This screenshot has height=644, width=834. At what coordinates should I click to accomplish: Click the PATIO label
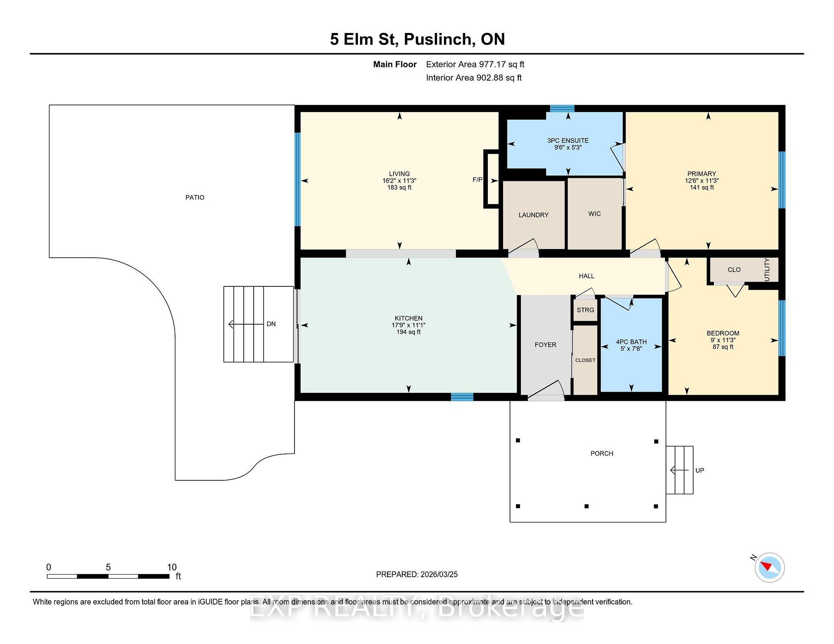(x=195, y=197)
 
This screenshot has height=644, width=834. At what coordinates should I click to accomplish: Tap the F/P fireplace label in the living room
(x=477, y=180)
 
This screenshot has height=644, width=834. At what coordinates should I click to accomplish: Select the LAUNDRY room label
(x=533, y=215)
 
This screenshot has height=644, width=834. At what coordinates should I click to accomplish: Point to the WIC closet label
(x=595, y=214)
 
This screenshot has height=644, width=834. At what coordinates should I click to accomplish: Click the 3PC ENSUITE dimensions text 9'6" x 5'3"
(x=568, y=148)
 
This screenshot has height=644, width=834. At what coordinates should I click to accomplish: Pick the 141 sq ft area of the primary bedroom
(x=702, y=187)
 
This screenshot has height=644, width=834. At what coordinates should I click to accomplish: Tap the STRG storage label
(x=586, y=310)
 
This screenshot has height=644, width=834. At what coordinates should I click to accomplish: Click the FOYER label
(x=546, y=345)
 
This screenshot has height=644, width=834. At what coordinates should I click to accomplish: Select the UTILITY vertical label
(x=767, y=269)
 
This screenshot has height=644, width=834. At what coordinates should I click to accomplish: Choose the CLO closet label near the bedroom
(x=734, y=269)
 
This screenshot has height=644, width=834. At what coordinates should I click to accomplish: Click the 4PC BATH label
(x=631, y=342)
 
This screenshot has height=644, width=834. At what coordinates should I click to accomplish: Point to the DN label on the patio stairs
(x=271, y=324)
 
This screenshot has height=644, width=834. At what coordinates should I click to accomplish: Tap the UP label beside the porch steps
(x=700, y=470)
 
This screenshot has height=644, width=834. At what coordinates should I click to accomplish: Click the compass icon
(x=770, y=567)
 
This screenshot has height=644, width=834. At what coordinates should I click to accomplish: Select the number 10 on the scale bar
(x=172, y=567)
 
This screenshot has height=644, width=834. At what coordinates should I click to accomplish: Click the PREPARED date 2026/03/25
(x=439, y=574)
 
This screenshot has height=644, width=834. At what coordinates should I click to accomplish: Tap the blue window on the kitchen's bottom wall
(x=462, y=397)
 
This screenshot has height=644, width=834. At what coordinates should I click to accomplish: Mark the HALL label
(x=586, y=276)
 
